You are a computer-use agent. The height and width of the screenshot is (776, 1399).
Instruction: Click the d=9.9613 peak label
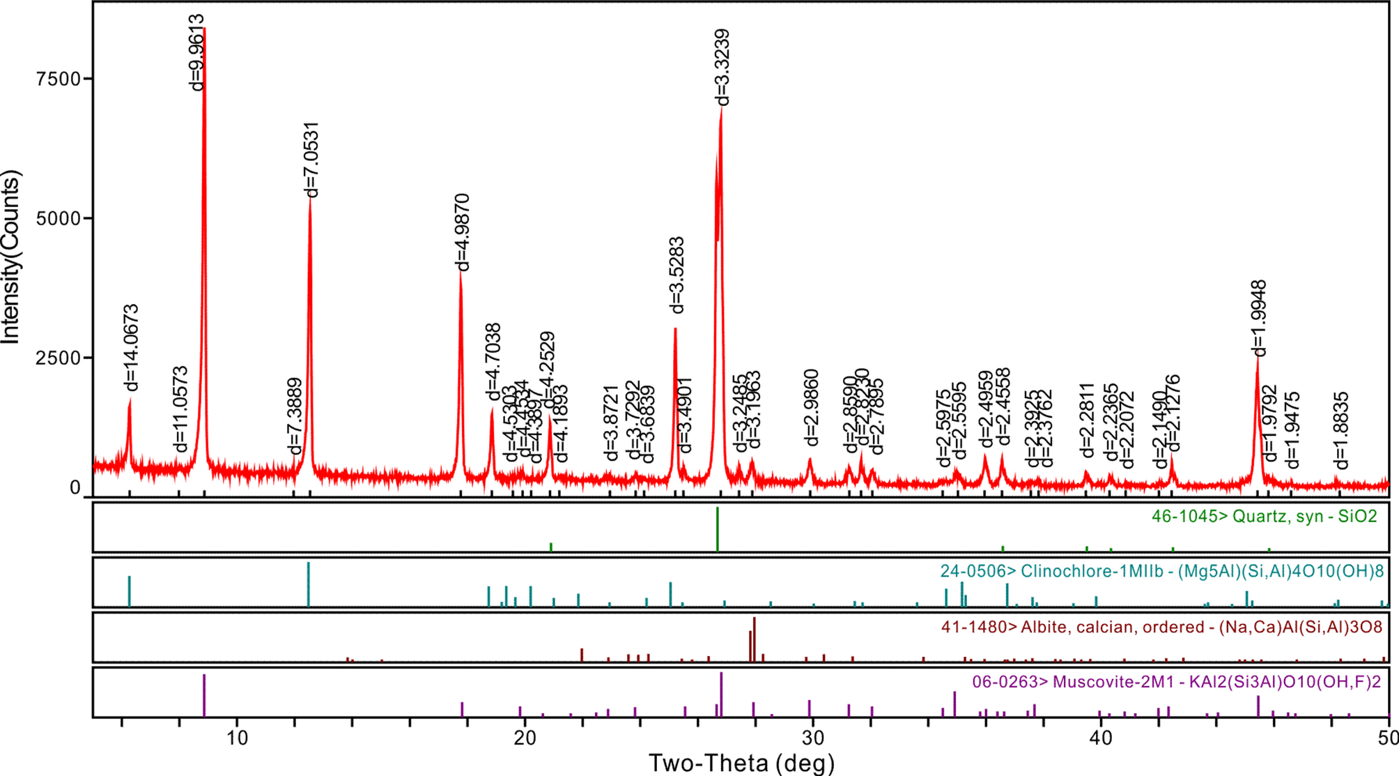196,53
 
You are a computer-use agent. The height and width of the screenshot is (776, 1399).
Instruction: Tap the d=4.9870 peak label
462,233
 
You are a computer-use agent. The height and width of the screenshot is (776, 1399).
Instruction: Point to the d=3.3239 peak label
722,68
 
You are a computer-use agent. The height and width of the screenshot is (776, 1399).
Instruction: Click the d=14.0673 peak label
130,348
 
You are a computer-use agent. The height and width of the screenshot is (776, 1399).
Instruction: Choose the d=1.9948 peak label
1259,319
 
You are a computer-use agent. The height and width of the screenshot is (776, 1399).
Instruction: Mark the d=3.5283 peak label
676,276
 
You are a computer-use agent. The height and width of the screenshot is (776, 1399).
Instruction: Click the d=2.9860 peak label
811,408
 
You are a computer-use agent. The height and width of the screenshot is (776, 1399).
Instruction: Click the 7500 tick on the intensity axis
59,79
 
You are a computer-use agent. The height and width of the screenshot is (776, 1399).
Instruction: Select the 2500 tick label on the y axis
59,358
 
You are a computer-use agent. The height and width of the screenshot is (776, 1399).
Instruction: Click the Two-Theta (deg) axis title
741,763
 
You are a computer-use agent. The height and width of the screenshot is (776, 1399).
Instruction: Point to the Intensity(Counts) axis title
11,257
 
